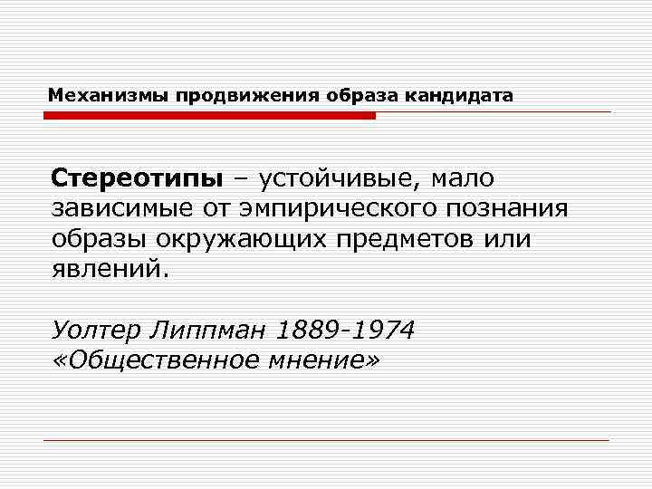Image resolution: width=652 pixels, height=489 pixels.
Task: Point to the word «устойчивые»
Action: (x=337, y=177)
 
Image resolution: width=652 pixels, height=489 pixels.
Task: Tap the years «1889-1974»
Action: (x=349, y=331)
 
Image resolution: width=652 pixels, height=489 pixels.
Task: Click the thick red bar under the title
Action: (x=209, y=116)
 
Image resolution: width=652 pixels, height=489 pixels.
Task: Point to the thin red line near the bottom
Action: (x=326, y=440)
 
